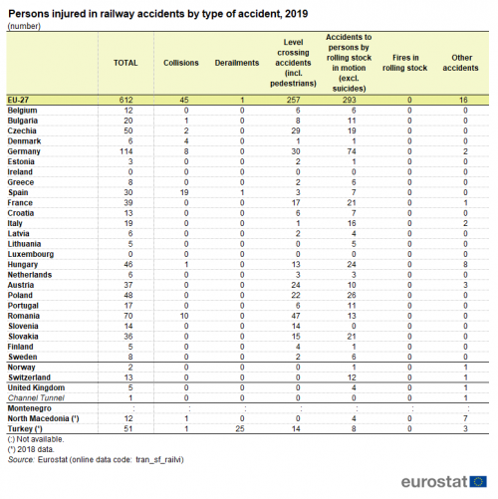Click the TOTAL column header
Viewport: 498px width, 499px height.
[125, 63]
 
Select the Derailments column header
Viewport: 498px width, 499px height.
[237, 63]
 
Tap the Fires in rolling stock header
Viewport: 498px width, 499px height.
[405, 63]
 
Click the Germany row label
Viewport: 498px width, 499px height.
[24, 151]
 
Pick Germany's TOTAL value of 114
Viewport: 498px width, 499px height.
[126, 151]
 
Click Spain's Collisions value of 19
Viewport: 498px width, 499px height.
[184, 192]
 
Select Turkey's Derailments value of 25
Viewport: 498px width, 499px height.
[240, 429]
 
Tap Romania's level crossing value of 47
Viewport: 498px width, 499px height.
[296, 316]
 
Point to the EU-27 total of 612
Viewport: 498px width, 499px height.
[126, 100]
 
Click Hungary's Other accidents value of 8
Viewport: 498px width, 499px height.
[465, 265]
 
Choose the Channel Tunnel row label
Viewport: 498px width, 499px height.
[36, 398]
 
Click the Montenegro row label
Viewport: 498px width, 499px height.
[30, 408]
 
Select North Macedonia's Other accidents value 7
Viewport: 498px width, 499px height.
[465, 418]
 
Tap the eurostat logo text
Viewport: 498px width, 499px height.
[434, 481]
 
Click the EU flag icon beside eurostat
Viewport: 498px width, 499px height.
[478, 482]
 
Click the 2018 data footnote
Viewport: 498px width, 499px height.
[31, 449]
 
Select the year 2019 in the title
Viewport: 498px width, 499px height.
[297, 14]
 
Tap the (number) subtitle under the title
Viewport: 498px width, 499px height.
[24, 26]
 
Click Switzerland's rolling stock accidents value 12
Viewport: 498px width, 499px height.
[352, 377]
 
